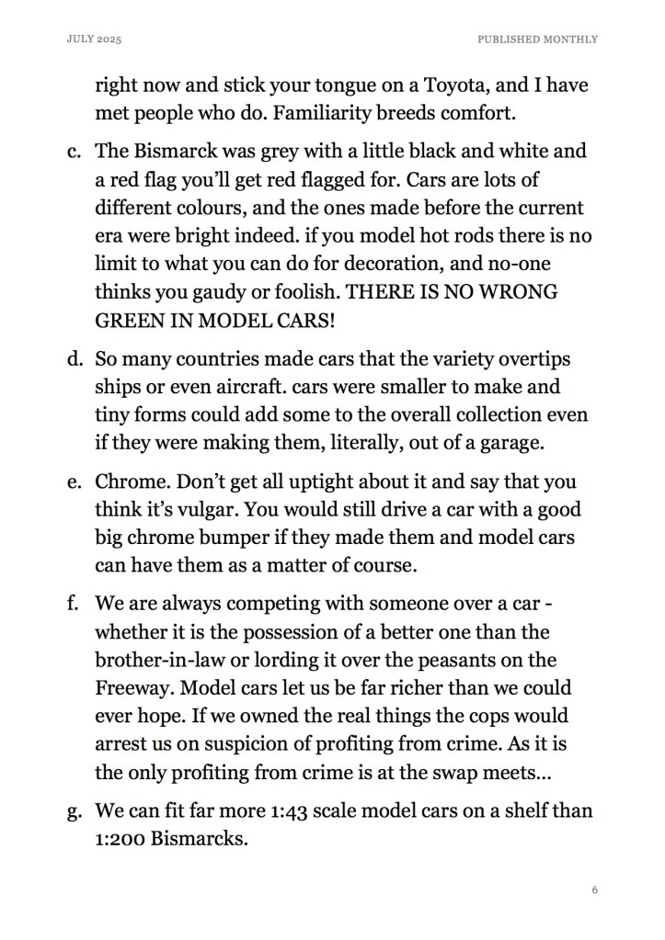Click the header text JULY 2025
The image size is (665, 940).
(95, 40)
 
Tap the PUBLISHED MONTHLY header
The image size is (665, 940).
(537, 40)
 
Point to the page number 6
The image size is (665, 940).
(595, 889)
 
